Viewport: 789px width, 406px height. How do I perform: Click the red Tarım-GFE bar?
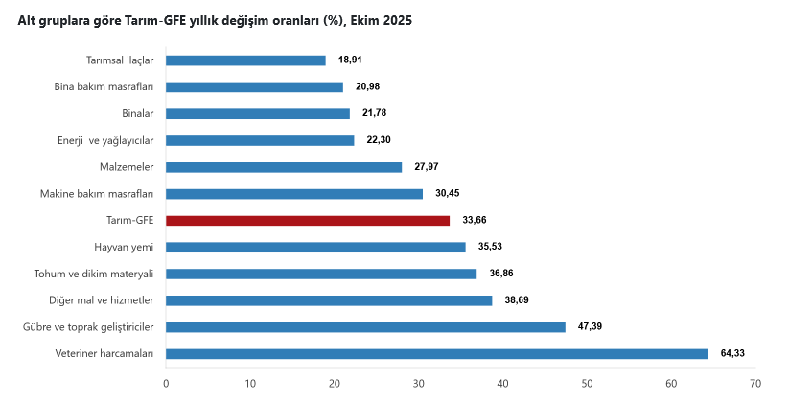307,220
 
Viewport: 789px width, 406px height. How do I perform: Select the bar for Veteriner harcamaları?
436,353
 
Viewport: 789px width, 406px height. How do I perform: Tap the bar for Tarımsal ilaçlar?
245,60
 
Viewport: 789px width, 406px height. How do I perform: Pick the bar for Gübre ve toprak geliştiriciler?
365,326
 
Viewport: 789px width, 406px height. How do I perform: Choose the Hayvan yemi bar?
315,247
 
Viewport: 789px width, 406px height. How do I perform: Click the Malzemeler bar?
284,167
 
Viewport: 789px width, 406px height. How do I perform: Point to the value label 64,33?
732,353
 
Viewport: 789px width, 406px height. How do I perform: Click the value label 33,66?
475,220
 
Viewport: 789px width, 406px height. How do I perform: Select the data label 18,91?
351,60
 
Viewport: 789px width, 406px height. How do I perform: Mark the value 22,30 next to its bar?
379,140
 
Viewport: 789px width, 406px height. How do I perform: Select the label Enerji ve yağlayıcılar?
105,140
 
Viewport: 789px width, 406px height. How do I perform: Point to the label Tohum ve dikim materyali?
94,274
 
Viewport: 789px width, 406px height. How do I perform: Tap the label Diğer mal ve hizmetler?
102,299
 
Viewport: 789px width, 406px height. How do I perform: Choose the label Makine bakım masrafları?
97,193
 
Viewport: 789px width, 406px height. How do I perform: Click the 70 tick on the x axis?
755,383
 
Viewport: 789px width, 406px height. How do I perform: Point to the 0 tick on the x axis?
166,383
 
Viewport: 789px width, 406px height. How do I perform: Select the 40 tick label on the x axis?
502,383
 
